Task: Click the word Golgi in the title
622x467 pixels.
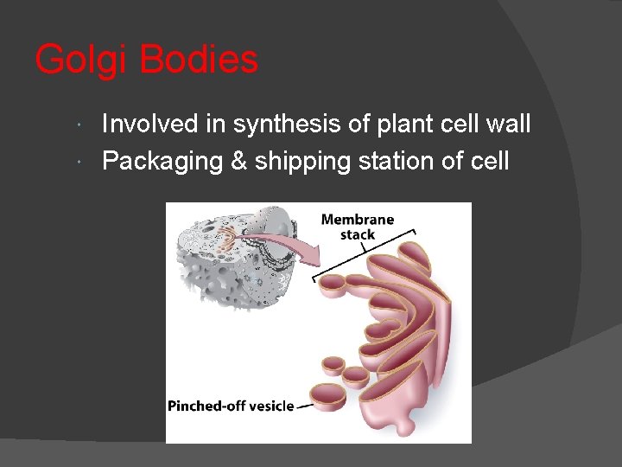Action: point(82,61)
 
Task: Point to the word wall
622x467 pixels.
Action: point(507,125)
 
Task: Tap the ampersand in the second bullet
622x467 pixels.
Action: point(238,161)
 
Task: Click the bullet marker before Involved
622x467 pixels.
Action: point(79,125)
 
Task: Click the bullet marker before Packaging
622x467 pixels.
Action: point(79,162)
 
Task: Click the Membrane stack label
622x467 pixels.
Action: point(357,227)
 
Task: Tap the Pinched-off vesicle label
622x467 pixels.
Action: point(230,406)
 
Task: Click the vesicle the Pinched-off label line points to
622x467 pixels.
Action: point(327,397)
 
